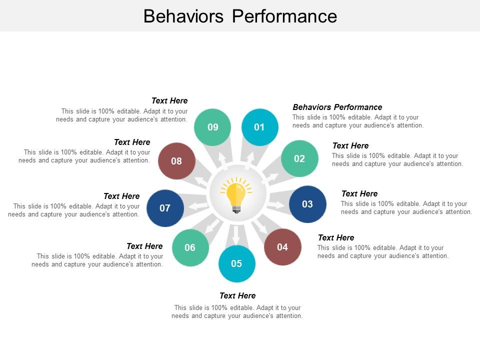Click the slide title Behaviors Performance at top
(x=240, y=16)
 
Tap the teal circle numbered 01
(x=259, y=127)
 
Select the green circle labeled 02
(x=299, y=158)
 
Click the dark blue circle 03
(x=307, y=204)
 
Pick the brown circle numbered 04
(x=282, y=246)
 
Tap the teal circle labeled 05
(x=236, y=263)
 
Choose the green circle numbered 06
(x=190, y=247)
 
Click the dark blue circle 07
(x=165, y=208)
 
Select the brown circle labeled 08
(x=176, y=161)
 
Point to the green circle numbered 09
(x=213, y=127)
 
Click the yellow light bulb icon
(x=236, y=196)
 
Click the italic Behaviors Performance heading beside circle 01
(x=337, y=107)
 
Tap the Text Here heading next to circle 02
(x=350, y=145)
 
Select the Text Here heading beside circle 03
(x=359, y=193)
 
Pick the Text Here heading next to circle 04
(x=335, y=237)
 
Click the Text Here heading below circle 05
(x=237, y=295)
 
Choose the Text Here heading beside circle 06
(x=144, y=246)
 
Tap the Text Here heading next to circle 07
(x=121, y=196)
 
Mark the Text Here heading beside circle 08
(x=132, y=142)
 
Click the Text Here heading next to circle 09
(x=169, y=100)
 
